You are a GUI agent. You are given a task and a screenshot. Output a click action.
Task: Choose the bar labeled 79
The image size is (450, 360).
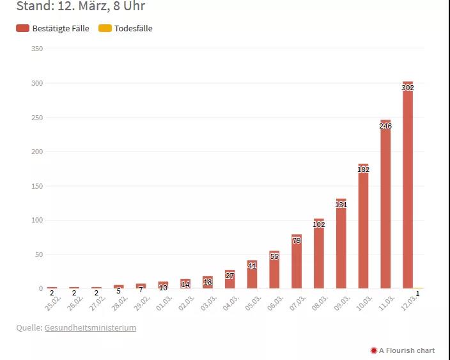pos(297,265)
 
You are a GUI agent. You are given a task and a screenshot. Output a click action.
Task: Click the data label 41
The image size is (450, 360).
pos(252,266)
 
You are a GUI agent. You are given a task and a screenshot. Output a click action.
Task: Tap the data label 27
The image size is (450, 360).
pos(230,276)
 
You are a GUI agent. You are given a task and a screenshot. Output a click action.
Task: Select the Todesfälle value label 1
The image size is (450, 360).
pos(417,293)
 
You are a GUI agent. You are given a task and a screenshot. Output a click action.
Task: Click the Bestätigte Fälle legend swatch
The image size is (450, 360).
pos(23,28)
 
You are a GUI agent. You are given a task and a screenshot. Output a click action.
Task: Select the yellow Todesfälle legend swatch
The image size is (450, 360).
pos(105,28)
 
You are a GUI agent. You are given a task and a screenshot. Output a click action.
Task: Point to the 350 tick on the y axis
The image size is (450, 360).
pos(36,49)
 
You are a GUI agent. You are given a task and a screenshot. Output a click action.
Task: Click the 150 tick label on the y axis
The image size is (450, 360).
pos(36,186)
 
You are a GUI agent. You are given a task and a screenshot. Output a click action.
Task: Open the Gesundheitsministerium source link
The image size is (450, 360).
pos(90,328)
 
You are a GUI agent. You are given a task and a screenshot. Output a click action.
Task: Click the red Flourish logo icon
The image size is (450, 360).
pos(373,350)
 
